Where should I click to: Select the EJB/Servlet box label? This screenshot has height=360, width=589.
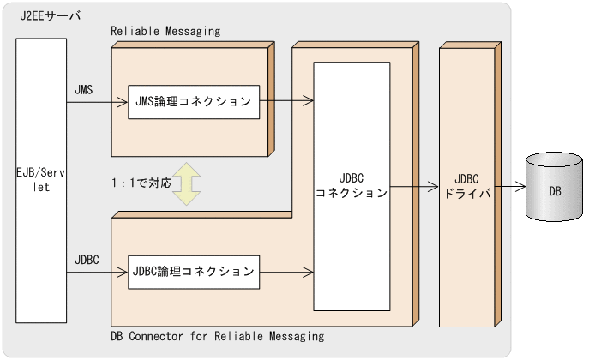[x=40, y=178]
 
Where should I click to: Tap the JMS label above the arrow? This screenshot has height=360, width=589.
[x=84, y=88]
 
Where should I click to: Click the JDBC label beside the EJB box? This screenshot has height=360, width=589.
[x=87, y=258]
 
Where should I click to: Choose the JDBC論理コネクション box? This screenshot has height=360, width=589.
[x=193, y=272]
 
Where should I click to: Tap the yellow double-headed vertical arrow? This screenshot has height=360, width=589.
[x=184, y=183]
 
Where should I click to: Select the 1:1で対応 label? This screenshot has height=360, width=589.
[x=141, y=183]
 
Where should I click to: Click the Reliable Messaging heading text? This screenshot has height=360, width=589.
[x=165, y=31]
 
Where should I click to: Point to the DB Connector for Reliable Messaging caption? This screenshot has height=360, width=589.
[x=218, y=337]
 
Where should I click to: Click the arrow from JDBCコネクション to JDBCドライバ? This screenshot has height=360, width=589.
[x=413, y=186]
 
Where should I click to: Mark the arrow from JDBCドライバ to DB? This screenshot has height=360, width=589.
[x=510, y=186]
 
